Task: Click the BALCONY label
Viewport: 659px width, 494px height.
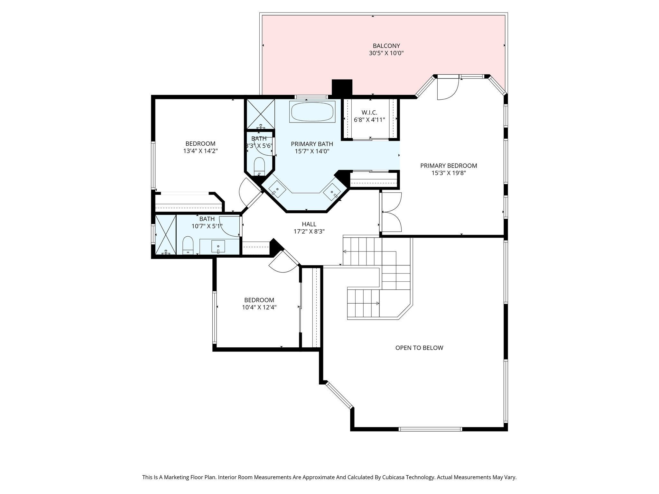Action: pos(386,46)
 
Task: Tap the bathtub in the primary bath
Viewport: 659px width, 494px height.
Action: pos(312,112)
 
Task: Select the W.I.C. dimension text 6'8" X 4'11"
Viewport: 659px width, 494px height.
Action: pos(369,120)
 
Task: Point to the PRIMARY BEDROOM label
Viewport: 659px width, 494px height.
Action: pos(449,166)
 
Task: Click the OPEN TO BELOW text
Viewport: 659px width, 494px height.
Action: pos(419,348)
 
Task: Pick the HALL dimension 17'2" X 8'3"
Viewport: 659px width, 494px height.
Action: pos(309,231)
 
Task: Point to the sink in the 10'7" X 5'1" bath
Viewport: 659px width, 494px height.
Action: pos(218,246)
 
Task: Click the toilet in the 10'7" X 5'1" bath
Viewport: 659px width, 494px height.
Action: pos(188,245)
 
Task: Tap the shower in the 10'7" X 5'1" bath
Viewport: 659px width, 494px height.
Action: pos(166,234)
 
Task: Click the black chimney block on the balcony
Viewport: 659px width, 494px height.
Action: pos(342,87)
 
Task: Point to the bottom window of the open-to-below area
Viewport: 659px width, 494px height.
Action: pos(430,429)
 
